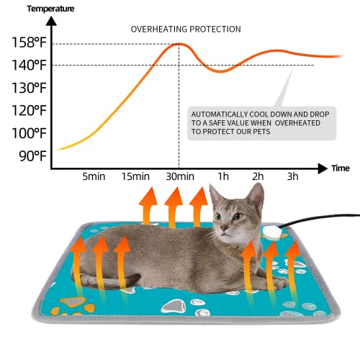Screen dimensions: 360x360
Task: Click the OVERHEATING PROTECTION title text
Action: [x=186, y=29]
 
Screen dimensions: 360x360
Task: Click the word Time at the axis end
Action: [x=341, y=168]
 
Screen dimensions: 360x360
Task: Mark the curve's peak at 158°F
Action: [x=179, y=44]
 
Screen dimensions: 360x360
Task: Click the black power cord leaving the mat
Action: [x=324, y=217]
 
